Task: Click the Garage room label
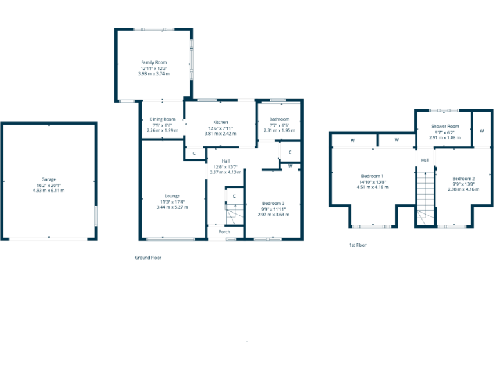(49, 179)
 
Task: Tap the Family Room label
(154, 62)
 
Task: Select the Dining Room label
(162, 119)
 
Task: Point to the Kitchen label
(221, 122)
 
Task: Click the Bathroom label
(279, 119)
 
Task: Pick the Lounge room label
(172, 196)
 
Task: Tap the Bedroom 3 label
(273, 203)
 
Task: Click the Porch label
(224, 232)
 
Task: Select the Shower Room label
(444, 126)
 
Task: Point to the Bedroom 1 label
(372, 176)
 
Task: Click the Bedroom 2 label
(463, 178)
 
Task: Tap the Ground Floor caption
(148, 258)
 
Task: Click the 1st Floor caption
(358, 245)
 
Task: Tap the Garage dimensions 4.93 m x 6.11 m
(49, 190)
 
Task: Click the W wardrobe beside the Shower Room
(481, 130)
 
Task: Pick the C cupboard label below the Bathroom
(290, 152)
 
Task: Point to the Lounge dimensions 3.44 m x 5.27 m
(172, 207)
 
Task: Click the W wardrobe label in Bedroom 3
(291, 166)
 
